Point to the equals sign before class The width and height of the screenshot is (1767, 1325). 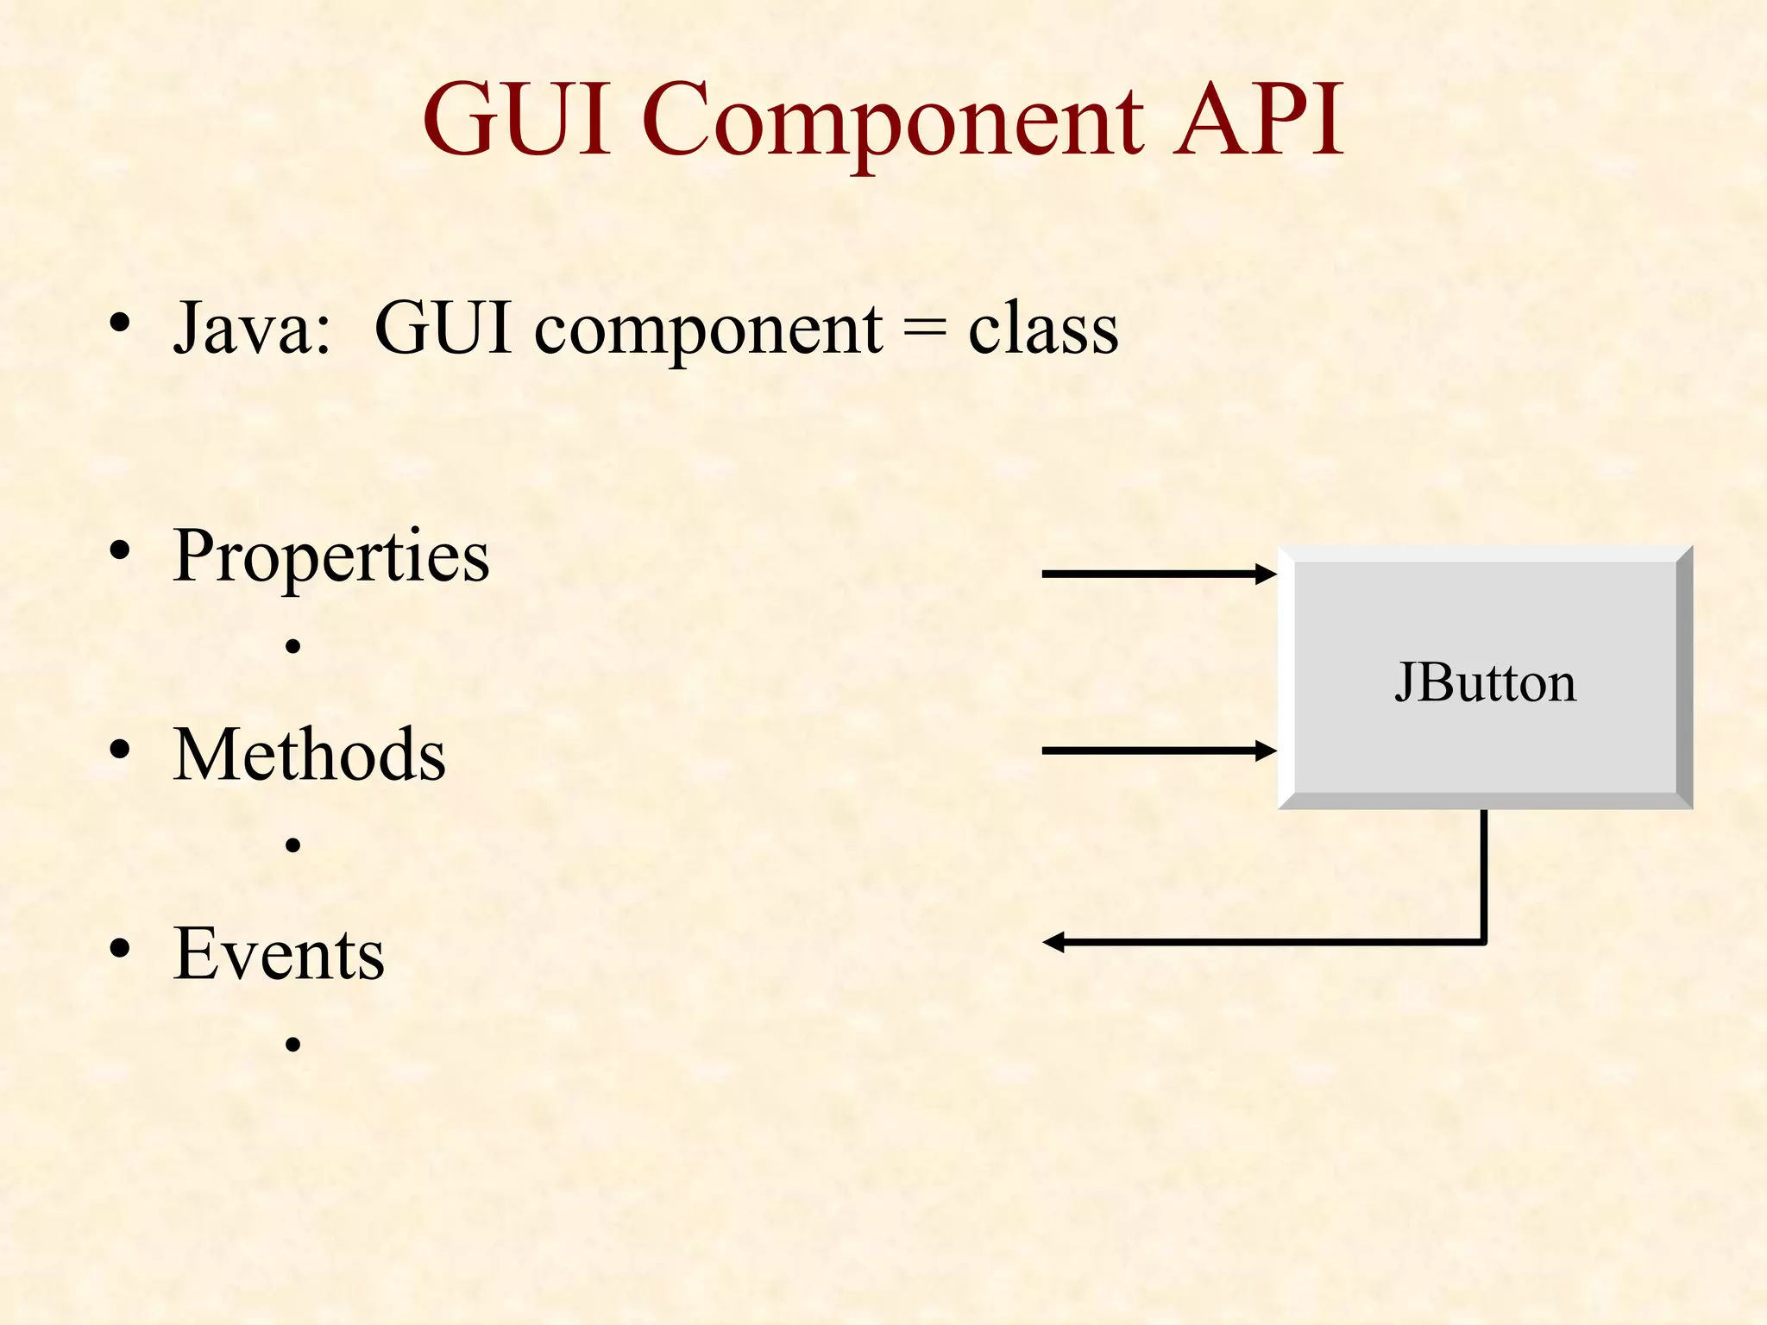(924, 330)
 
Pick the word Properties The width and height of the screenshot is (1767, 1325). (330, 557)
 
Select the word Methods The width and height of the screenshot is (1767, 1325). (309, 755)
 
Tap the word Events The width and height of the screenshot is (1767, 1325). (278, 954)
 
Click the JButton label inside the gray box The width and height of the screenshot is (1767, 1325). (1485, 683)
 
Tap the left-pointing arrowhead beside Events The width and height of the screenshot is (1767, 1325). (1053, 942)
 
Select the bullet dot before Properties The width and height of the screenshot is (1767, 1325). (120, 550)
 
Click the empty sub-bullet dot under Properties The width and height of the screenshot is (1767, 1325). (293, 646)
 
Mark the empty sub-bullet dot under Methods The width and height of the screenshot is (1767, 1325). (293, 845)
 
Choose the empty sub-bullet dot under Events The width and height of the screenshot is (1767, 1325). (293, 1045)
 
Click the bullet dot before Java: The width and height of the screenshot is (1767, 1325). (120, 323)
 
